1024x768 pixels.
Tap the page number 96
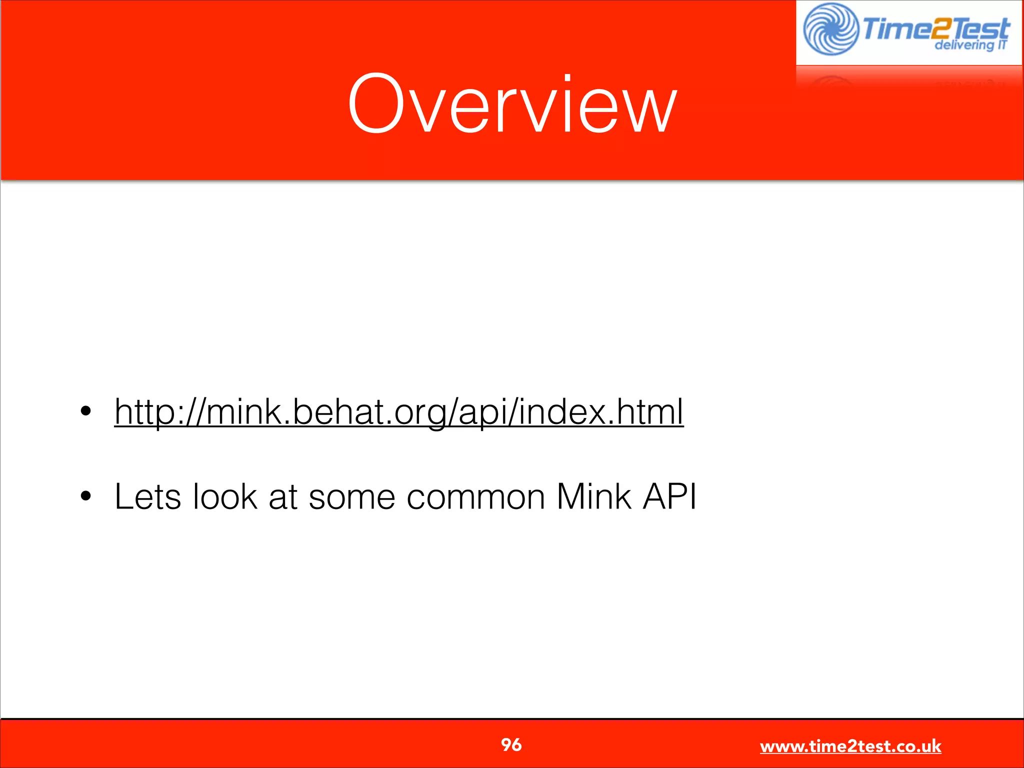tap(511, 745)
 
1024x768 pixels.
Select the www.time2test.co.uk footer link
tap(850, 746)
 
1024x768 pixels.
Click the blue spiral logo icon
tap(830, 29)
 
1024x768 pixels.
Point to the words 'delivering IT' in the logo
tap(970, 45)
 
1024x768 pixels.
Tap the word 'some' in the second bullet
tap(351, 497)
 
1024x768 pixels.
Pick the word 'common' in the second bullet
tap(475, 497)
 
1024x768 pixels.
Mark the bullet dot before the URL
tap(86, 411)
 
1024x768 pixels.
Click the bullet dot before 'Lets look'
tap(86, 496)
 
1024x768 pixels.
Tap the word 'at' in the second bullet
tap(282, 497)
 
